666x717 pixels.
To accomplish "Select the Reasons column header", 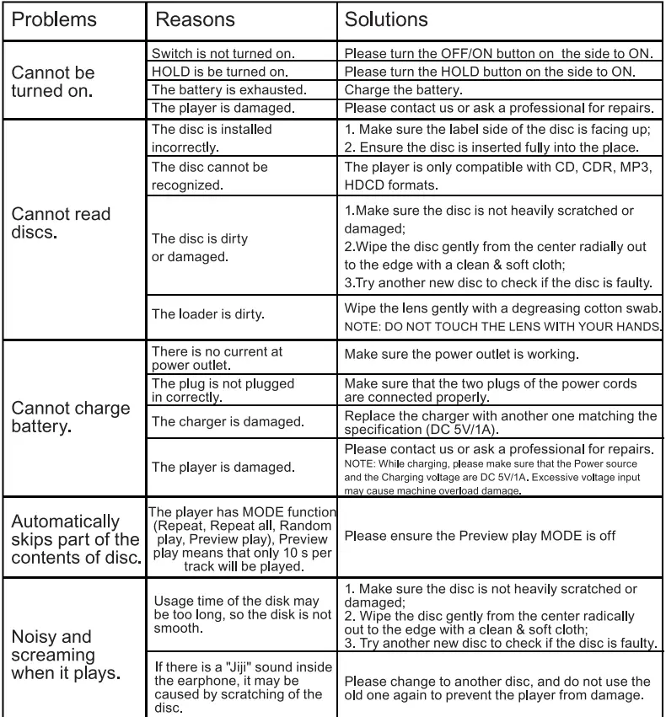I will [x=196, y=19].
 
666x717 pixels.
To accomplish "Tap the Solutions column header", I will [x=387, y=19].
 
